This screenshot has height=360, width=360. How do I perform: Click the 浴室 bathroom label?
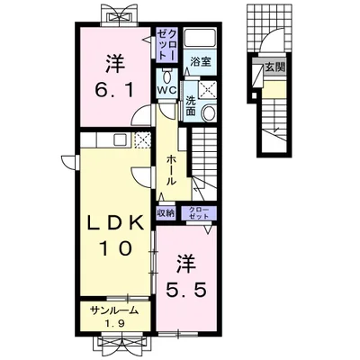201,62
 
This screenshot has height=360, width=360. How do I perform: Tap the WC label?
166,90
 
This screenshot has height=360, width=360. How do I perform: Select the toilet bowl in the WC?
167,76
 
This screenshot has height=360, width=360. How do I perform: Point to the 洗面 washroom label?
190,105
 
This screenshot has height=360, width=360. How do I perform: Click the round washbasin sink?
209,112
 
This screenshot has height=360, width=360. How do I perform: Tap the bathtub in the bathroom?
201,38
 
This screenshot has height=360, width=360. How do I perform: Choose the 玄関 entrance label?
274,67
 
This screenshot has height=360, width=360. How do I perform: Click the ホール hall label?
171,170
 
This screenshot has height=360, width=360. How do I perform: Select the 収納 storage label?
166,213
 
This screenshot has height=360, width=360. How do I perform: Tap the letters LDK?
114,223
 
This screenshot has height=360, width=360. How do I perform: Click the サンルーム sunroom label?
115,310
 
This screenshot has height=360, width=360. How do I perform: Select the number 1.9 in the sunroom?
115,323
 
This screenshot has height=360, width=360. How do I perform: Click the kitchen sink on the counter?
121,140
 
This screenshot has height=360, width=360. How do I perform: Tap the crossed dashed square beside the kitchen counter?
143,140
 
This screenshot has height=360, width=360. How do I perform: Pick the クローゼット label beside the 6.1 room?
167,44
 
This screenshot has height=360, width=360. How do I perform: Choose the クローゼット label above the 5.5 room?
199,212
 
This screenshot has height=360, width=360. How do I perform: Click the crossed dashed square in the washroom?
208,88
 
